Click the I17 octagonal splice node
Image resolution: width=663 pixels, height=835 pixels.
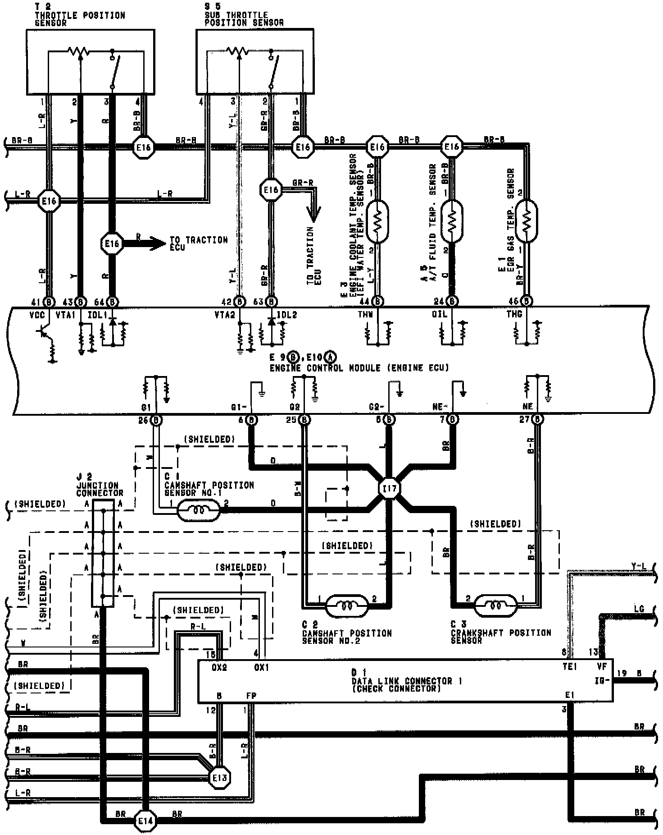pos(390,488)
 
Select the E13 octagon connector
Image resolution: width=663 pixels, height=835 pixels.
pos(220,777)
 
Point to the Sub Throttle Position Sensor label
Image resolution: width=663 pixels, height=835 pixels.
pos(244,19)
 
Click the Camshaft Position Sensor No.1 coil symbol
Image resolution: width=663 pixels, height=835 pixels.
pos(199,511)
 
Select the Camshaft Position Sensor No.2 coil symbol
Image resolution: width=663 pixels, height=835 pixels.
pos(347,605)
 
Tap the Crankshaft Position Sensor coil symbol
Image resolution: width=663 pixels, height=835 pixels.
pos(495,605)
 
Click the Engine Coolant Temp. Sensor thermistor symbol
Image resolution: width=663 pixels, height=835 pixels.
pos(377,221)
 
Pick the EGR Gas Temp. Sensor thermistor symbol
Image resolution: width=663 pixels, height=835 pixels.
pos(526,221)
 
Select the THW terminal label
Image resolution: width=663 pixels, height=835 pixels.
pos(365,314)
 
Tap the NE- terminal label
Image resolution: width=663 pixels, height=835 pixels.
pos(440,407)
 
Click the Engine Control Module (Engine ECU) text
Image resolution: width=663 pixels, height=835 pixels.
pos(359,368)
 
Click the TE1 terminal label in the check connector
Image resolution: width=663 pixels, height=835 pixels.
pos(569,666)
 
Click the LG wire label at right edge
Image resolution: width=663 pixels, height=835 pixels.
pos(639,609)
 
